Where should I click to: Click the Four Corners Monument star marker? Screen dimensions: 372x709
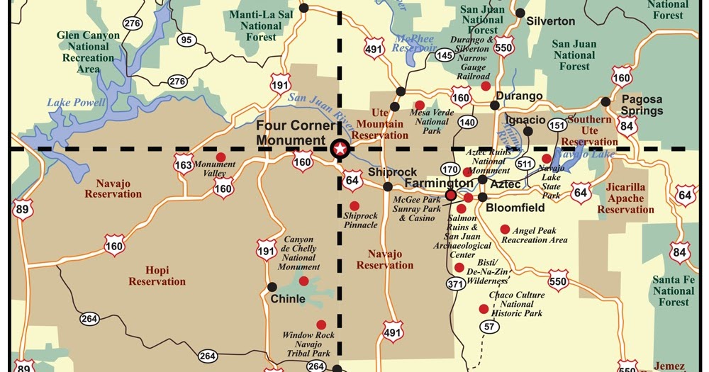coord(340,148)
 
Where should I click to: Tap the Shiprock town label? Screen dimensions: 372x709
coord(386,172)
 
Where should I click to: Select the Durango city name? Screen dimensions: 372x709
coord(519,96)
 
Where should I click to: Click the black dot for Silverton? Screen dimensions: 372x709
coord(520,13)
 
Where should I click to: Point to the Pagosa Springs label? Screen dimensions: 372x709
coord(642,105)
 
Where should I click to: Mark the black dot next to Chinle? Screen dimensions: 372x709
coord(272,286)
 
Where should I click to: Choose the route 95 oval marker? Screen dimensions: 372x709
coord(187,40)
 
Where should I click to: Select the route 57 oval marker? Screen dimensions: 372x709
coord(489,327)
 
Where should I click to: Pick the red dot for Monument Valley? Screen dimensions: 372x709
coord(220,157)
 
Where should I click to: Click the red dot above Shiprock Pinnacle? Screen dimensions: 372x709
coord(354,205)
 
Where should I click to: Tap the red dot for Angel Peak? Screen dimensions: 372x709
coord(505,229)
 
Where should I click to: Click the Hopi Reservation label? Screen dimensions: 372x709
coord(157,276)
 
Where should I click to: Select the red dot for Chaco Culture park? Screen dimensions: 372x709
coord(484,309)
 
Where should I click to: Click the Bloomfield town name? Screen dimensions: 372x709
coord(515,208)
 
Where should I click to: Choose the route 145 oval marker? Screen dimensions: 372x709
coord(445,55)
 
